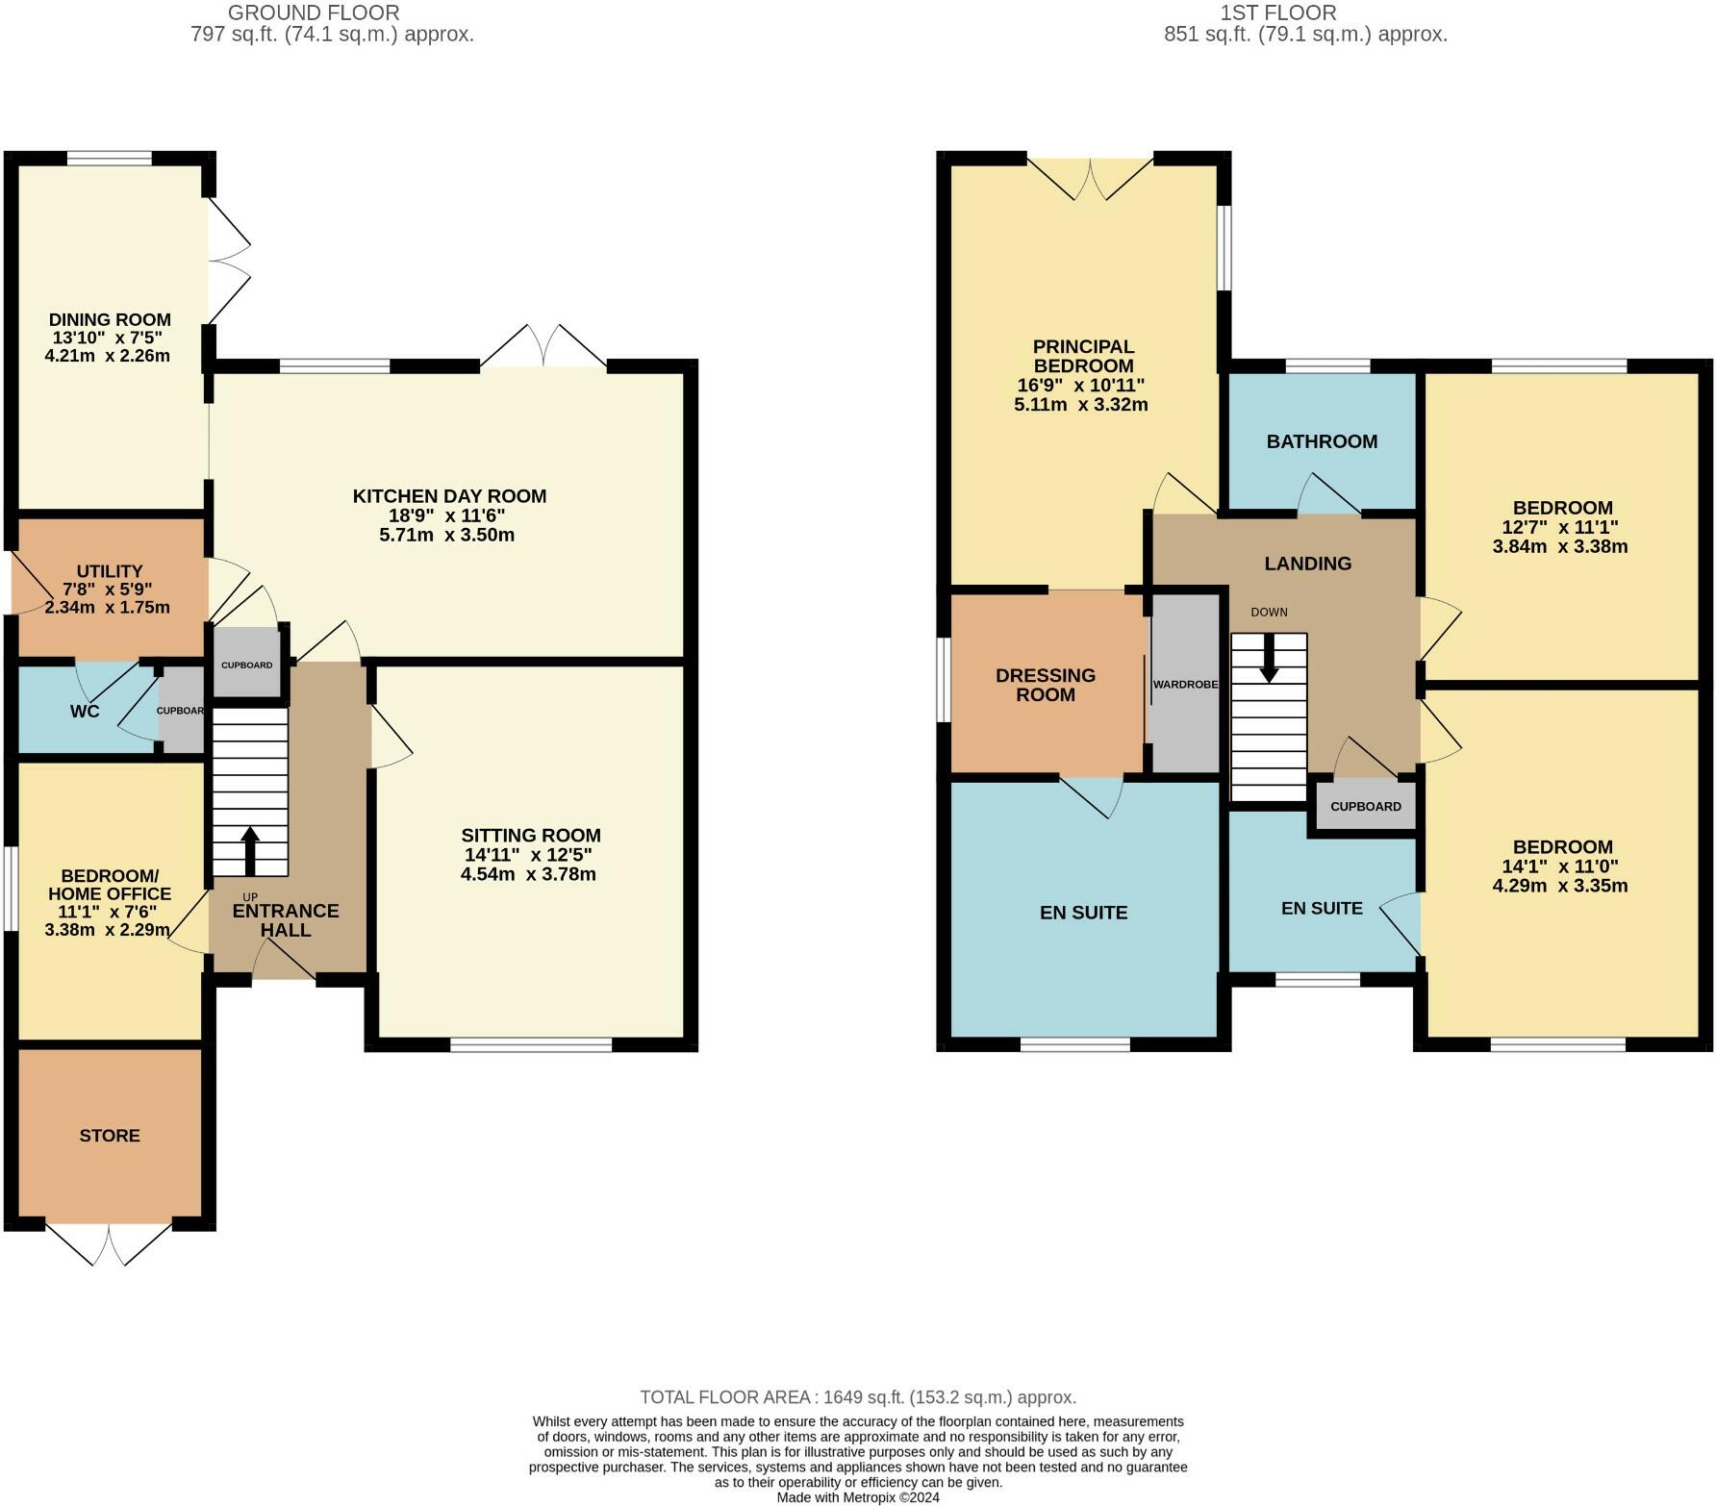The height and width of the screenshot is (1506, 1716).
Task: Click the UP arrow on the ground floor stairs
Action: coord(250,849)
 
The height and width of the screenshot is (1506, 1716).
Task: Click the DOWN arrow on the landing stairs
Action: coord(1269,659)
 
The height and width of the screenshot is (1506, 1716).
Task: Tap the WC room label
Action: coord(85,712)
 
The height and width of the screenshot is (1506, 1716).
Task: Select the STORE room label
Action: coord(110,1136)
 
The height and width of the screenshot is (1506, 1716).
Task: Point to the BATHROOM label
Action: coord(1322,441)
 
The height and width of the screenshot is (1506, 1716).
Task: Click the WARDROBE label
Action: coord(1185,685)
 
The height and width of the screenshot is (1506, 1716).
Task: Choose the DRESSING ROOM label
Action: coord(1046,685)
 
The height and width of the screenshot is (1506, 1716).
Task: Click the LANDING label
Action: coord(1307,564)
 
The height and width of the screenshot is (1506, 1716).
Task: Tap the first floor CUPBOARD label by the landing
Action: coord(1366,806)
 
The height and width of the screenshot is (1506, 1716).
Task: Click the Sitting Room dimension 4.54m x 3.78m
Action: coord(528,874)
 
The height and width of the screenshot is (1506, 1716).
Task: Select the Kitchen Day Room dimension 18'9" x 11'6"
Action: coord(446,515)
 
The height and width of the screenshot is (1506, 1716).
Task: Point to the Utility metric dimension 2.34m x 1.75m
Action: coord(108,607)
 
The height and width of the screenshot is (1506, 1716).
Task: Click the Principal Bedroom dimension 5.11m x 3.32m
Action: coord(1081,405)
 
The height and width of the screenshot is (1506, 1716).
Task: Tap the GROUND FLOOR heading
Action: coord(314,13)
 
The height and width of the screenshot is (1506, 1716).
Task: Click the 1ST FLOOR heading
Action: coord(1278,13)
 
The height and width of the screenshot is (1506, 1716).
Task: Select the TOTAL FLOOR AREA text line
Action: coord(858,1397)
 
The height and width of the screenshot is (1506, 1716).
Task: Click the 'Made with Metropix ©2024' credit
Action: coord(858,1497)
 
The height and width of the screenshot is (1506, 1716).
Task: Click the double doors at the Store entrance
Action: coord(110,1244)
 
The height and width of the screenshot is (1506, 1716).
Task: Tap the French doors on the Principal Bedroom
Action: coord(1090,176)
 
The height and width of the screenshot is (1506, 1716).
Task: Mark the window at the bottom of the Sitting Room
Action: coord(531,1044)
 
